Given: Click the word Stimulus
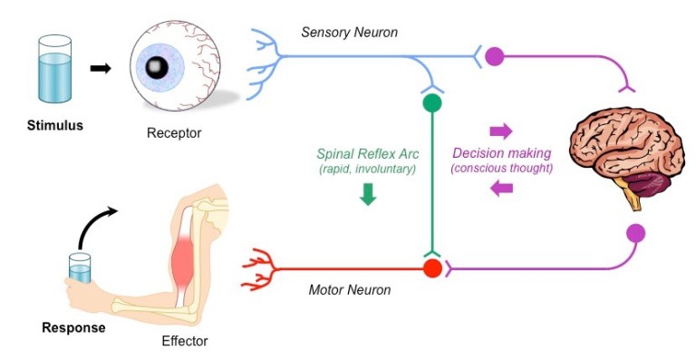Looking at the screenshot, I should coord(54,125).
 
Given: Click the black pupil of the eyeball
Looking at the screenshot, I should coord(157,66).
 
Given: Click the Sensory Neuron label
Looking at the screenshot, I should coord(349,34).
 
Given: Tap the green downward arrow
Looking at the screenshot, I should coord(368,194).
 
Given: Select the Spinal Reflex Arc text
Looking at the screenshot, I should coord(366,154).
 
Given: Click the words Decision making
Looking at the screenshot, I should coord(501,153).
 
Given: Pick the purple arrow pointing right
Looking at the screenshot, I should coord(500,131).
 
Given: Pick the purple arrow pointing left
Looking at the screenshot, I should coord(501,188).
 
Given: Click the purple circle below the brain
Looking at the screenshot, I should coord(636,232).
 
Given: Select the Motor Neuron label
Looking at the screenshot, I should coord(349,290).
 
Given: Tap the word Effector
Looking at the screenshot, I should coord(184,342).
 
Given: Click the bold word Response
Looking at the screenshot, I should coord(73,327).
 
